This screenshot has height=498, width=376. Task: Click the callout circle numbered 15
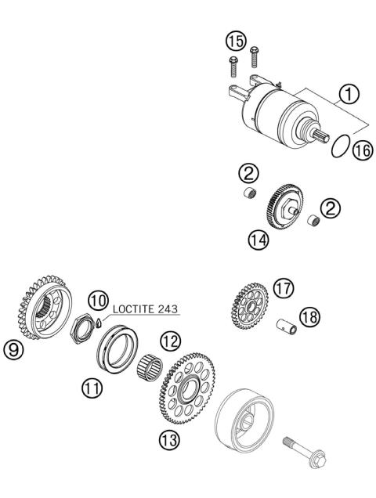click(235, 38)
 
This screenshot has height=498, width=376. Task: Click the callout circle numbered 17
click(283, 289)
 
